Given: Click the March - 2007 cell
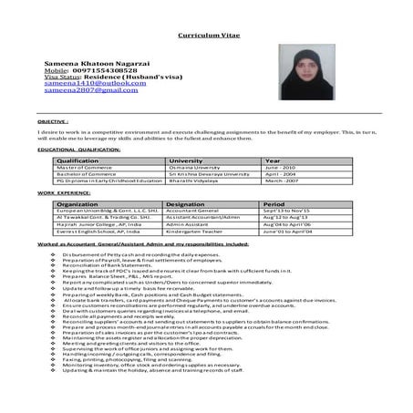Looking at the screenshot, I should tap(283, 181).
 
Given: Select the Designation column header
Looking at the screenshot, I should tap(186, 204).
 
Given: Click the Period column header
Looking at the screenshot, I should tap(274, 204).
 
